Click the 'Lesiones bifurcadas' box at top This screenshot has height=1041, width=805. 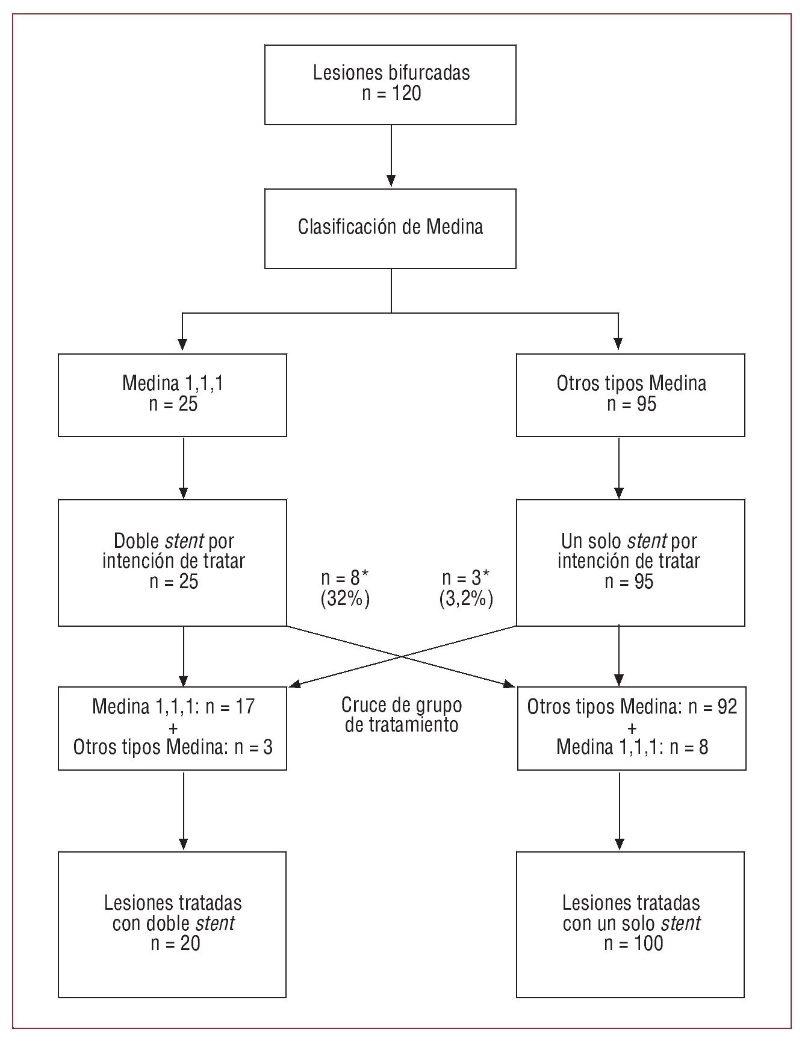pos(390,84)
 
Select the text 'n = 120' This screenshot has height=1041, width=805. pos(391,94)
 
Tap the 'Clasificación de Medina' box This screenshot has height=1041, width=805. pos(390,228)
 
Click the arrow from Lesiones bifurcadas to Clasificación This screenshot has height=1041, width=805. pos(391,157)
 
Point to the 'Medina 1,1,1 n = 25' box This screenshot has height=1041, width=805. pos(172,394)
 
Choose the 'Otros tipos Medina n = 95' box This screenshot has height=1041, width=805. pos(630,394)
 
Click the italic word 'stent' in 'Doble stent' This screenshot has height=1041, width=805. pos(184,541)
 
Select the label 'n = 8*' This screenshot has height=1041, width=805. pos(344,578)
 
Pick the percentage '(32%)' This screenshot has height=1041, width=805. pos(344,599)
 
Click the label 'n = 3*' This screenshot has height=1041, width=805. pos(466,578)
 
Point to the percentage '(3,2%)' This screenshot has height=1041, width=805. pos(466,599)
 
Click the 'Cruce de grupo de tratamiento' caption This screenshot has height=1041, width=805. pos(402,715)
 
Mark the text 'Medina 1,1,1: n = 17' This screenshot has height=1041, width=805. pos(173,706)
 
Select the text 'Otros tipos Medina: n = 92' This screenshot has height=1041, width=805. pos(632,706)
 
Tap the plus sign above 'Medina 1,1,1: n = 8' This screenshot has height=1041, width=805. pos(632,727)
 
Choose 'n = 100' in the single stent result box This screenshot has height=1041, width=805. pos(633,943)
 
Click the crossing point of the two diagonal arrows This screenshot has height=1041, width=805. pos(402,656)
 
